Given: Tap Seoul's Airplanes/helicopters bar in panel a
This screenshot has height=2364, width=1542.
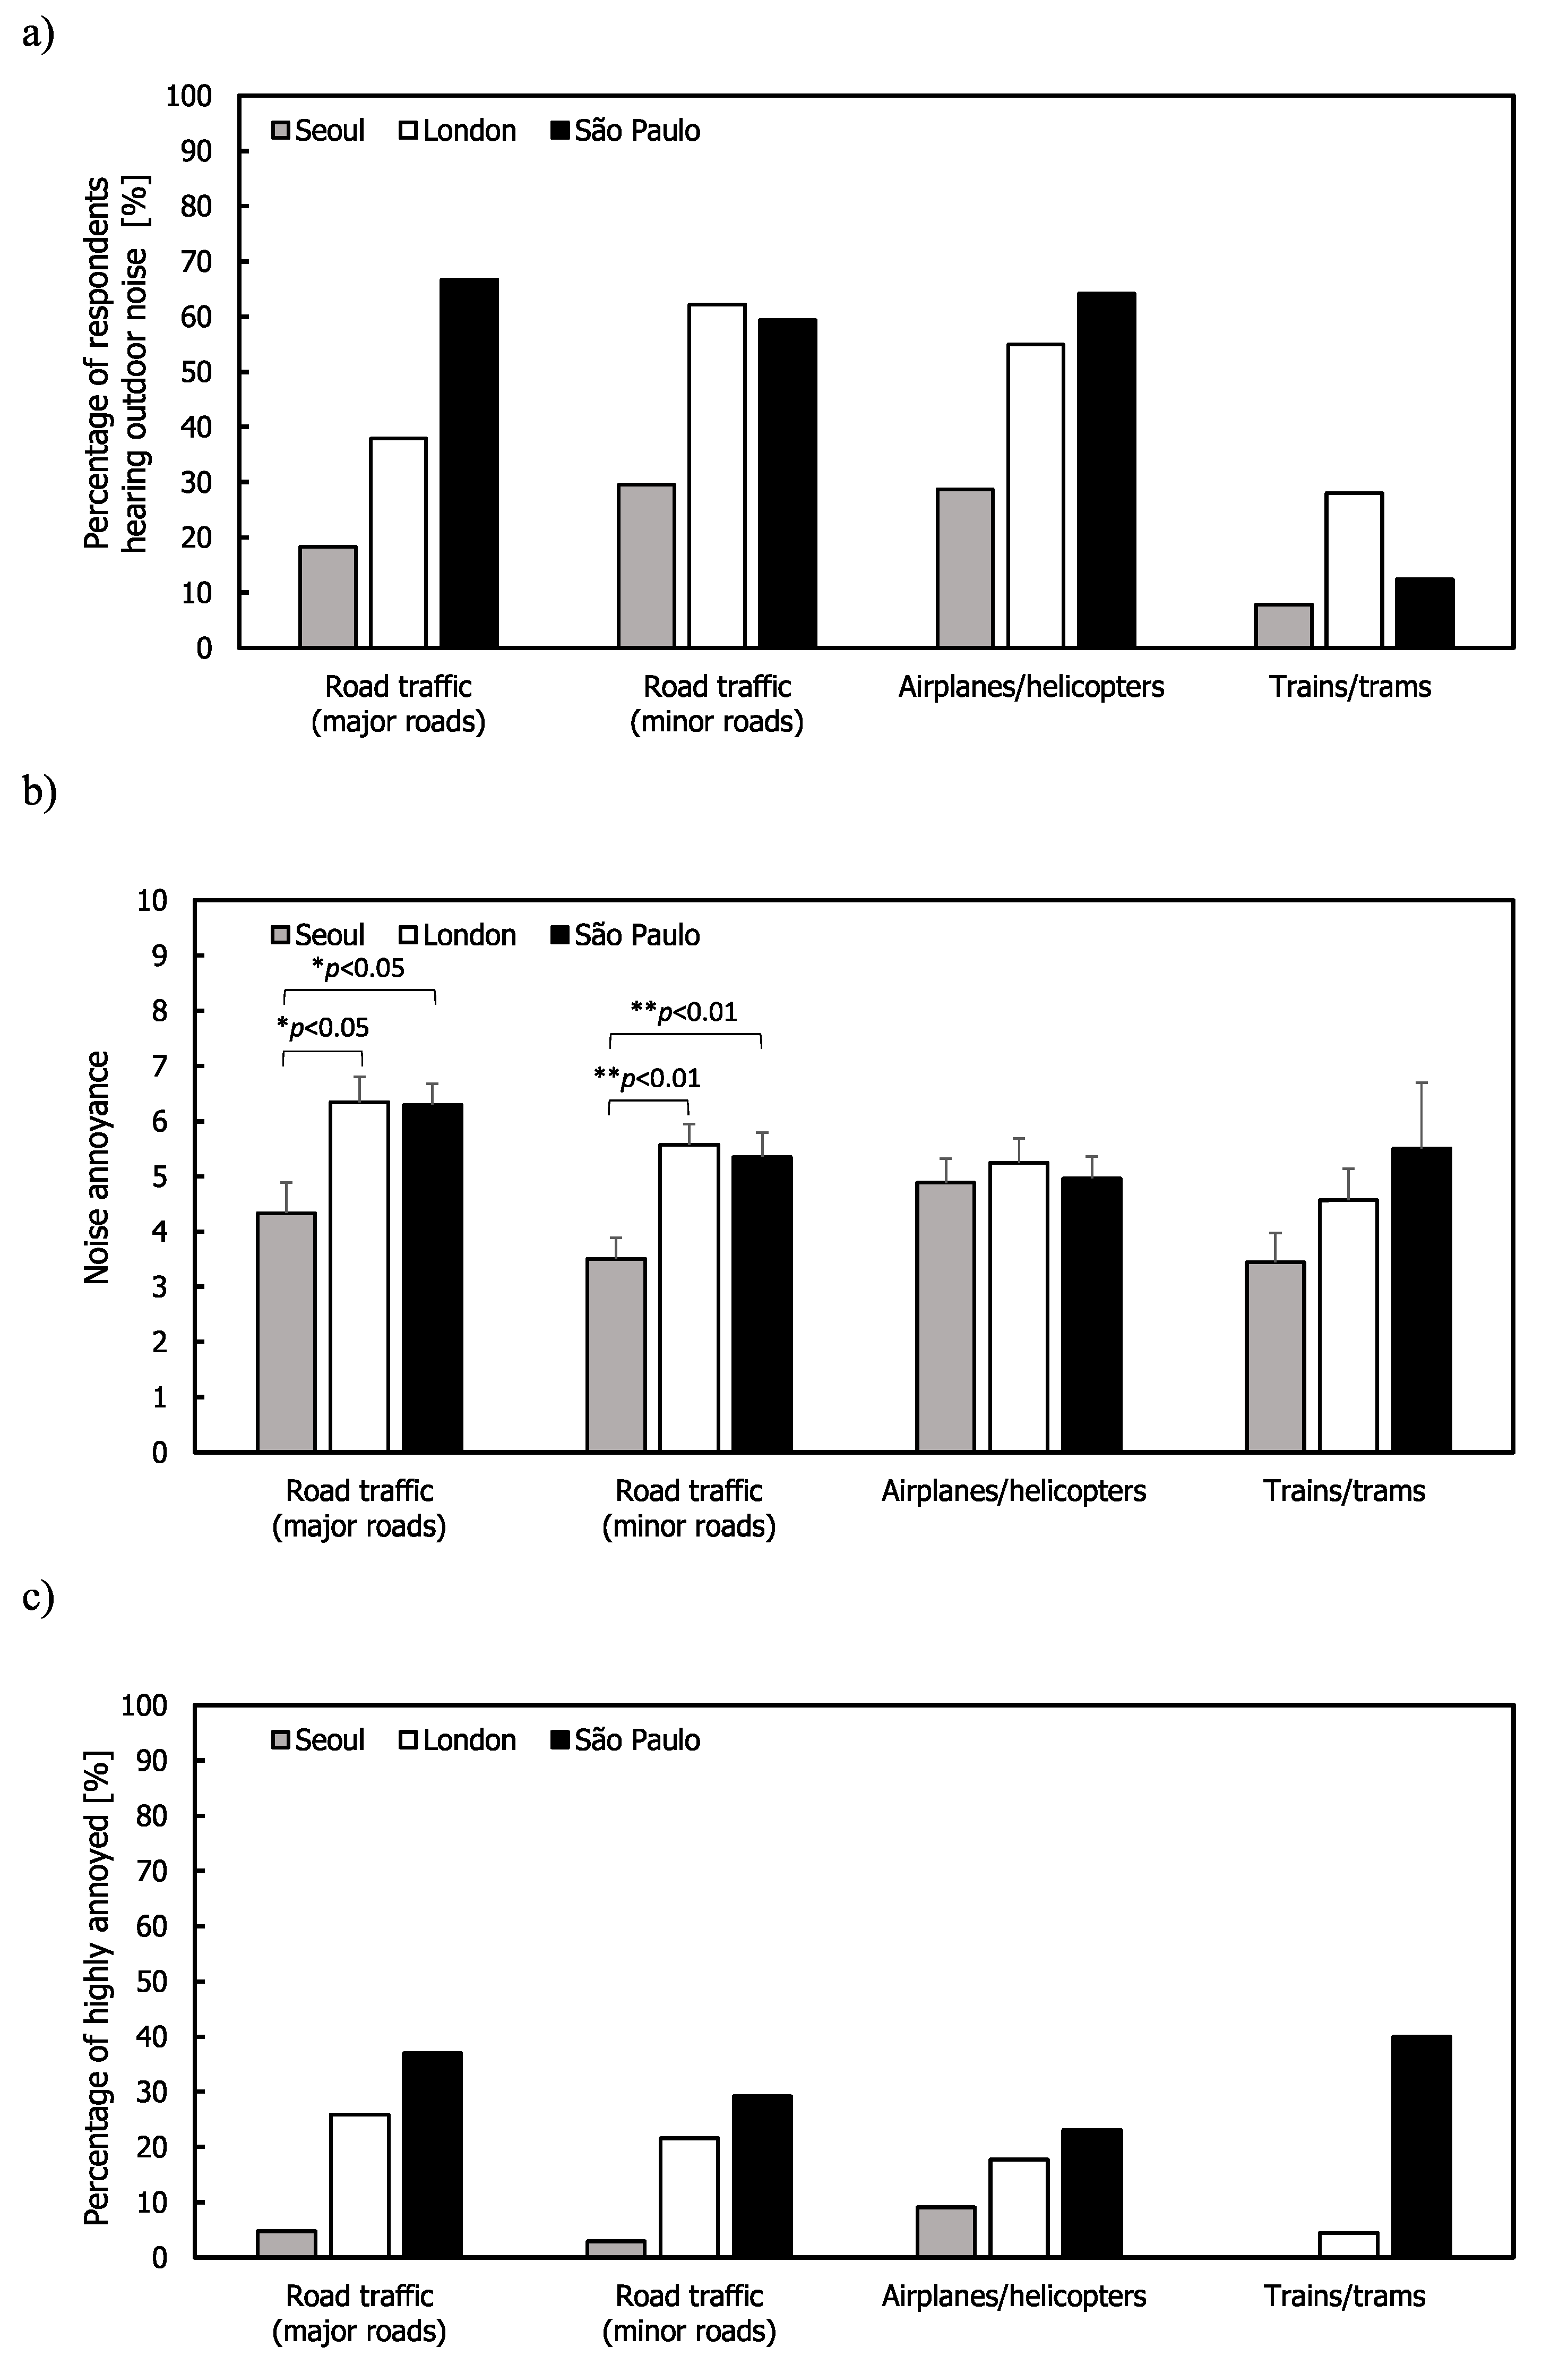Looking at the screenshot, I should pos(964,568).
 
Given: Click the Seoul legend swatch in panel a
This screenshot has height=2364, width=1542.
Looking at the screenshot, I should pos(281,131).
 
